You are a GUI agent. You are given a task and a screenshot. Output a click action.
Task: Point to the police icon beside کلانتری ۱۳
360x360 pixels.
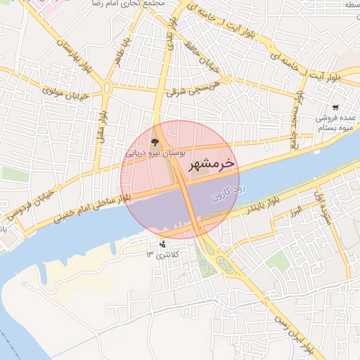(x=163, y=245)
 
